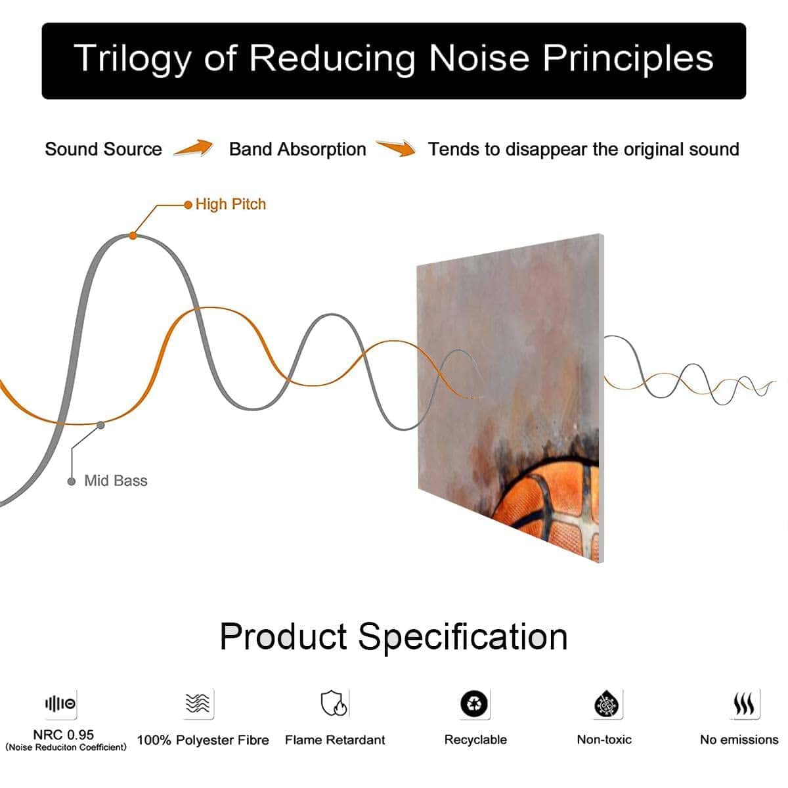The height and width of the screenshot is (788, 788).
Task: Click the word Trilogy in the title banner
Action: [x=132, y=59]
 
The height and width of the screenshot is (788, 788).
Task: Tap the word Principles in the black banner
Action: [x=628, y=59]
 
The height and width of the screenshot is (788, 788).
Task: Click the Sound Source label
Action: [x=104, y=149]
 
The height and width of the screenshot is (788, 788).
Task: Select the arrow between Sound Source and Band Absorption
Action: [x=194, y=147]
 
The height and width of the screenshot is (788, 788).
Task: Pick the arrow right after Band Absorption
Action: [x=396, y=148]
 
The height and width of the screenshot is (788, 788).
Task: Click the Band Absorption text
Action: [x=297, y=149]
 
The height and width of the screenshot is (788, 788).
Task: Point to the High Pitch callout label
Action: [x=230, y=204]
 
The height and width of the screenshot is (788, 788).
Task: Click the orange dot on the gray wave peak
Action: [x=133, y=236]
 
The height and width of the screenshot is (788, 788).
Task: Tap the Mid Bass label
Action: [x=116, y=481]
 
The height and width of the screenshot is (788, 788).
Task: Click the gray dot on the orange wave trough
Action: [x=100, y=426]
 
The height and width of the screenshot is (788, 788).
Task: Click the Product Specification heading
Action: [x=394, y=638]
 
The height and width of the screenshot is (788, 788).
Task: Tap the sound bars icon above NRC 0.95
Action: [x=60, y=704]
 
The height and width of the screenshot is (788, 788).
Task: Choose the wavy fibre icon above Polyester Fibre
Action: [x=198, y=703]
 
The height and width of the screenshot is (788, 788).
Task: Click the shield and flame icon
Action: [x=334, y=703]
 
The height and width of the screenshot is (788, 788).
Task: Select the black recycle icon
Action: [x=474, y=704]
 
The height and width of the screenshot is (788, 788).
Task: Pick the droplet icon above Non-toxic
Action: [x=607, y=704]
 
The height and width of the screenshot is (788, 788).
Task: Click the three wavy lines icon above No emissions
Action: [x=744, y=704]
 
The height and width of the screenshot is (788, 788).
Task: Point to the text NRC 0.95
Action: [x=64, y=735]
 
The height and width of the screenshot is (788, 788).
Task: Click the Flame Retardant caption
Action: [x=335, y=740]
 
